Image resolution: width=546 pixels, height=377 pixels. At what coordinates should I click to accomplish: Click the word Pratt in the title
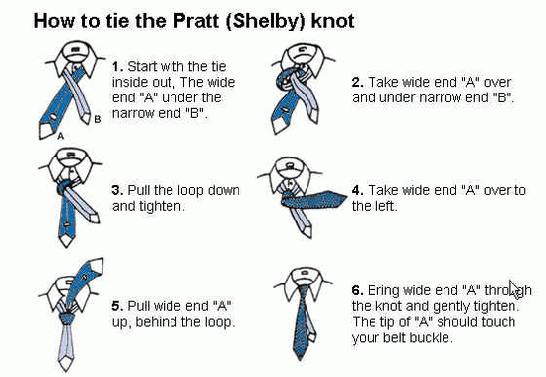[x=196, y=21]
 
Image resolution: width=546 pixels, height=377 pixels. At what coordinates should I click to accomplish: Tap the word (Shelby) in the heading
[x=266, y=22]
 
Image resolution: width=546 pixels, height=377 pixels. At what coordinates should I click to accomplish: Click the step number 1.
[x=117, y=66]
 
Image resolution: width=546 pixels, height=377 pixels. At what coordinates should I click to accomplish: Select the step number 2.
[x=358, y=83]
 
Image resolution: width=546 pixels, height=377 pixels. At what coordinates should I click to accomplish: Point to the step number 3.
[x=117, y=191]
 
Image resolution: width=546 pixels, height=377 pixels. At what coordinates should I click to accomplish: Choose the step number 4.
[x=358, y=191]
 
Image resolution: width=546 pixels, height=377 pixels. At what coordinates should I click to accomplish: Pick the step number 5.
[x=117, y=306]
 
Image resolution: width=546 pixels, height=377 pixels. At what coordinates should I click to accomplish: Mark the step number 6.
[x=358, y=290]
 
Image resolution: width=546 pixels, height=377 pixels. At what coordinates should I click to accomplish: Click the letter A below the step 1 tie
[x=60, y=136]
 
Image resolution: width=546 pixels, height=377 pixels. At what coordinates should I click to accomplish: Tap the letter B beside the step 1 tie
[x=98, y=119]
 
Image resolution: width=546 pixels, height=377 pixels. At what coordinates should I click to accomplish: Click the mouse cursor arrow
[x=513, y=289]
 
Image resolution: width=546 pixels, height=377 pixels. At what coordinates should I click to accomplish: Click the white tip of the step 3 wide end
[x=66, y=240]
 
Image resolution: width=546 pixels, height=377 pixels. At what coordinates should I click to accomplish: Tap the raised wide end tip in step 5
[x=97, y=265]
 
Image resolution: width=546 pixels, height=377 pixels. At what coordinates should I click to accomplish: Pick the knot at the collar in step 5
[x=67, y=318]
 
